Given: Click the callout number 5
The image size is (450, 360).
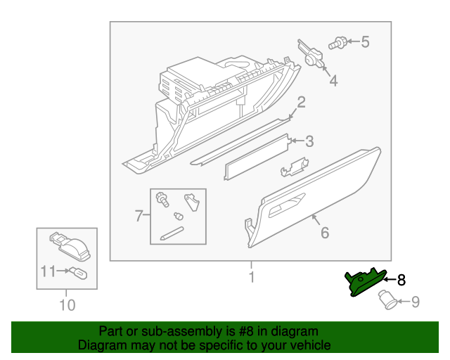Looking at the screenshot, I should click(x=365, y=42).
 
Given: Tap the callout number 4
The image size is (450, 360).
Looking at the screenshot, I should click(x=333, y=82).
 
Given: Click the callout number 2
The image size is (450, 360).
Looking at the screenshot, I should click(x=301, y=103).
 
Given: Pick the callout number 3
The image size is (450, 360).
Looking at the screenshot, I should click(x=309, y=141).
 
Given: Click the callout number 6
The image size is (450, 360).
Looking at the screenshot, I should click(x=324, y=232).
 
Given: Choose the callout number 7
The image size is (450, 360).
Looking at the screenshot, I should click(x=139, y=216).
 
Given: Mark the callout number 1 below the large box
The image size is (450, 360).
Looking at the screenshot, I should click(x=251, y=278).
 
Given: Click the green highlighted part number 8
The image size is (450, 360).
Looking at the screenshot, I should click(x=365, y=283).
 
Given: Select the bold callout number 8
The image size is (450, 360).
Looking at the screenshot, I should click(x=401, y=280).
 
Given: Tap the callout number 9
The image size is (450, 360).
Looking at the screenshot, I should click(x=415, y=302).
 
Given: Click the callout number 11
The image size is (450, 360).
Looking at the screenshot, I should click(x=47, y=269).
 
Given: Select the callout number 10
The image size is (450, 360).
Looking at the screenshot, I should click(x=67, y=305).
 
